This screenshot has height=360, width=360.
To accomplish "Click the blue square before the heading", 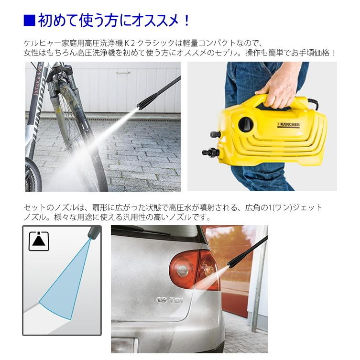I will tap(29, 21).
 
